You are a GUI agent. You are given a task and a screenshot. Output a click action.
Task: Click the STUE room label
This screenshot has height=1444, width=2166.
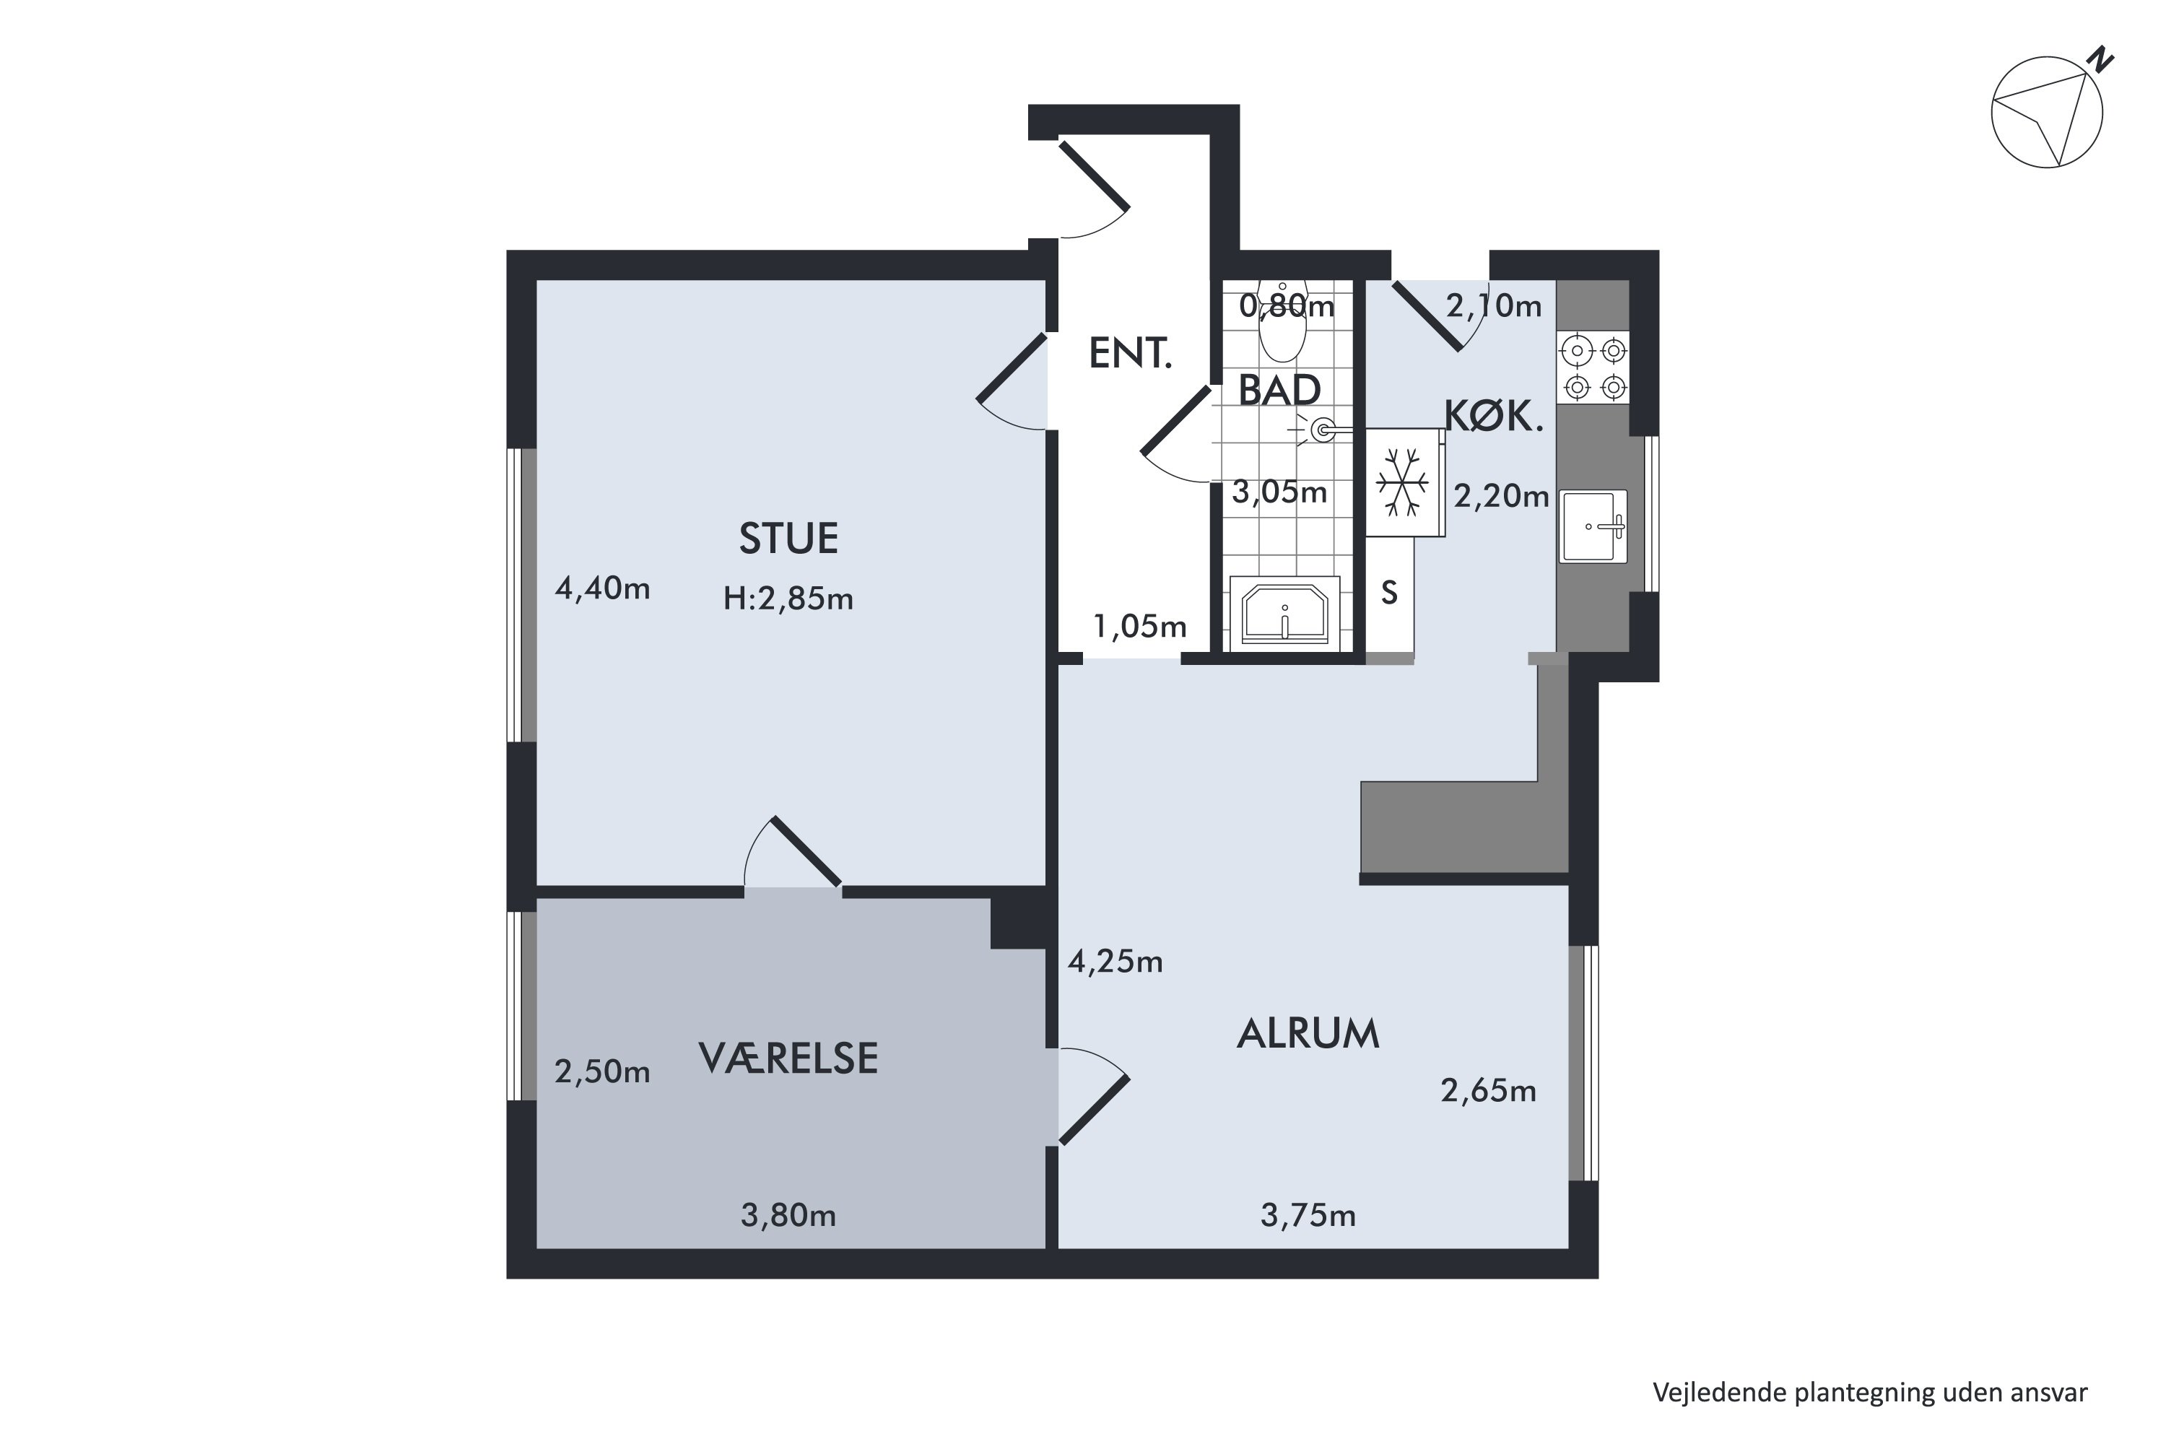click(788, 539)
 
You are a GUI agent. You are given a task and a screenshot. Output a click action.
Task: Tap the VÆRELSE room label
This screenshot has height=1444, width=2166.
click(788, 1058)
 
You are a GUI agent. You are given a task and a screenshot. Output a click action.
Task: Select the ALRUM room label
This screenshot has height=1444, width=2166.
click(1308, 1033)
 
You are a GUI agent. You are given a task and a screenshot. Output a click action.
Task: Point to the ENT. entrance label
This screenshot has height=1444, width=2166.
click(1130, 353)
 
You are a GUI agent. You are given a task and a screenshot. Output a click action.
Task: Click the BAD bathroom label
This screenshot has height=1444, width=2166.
click(1279, 391)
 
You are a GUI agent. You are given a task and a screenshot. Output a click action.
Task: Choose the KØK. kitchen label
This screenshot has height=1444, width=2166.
click(1493, 417)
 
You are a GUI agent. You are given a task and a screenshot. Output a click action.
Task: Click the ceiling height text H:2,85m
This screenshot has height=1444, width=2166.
click(788, 599)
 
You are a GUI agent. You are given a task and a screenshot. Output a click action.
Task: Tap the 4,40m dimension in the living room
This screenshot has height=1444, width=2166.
click(602, 588)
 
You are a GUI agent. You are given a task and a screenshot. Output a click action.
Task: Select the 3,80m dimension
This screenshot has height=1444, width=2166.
click(788, 1216)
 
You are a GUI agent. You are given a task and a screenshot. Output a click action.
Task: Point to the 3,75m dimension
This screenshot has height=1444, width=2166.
click(1308, 1216)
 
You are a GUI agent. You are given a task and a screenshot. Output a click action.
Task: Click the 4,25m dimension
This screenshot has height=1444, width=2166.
click(1115, 962)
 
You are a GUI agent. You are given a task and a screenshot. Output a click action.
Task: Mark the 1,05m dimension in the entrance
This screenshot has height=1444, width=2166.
click(1139, 626)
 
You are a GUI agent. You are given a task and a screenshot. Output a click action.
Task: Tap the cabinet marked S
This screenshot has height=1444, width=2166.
click(1388, 594)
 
